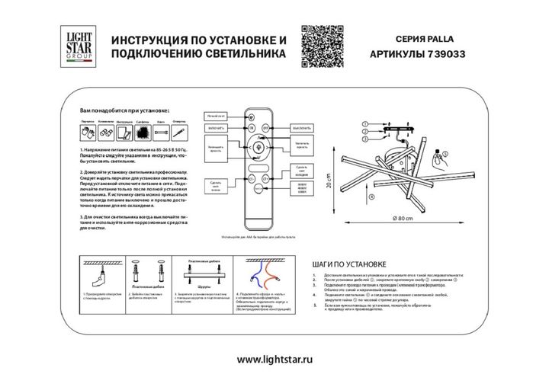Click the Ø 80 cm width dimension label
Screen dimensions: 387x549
point(402,219)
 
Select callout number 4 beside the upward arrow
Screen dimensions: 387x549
point(371,197)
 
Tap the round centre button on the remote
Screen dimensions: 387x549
point(256,146)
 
